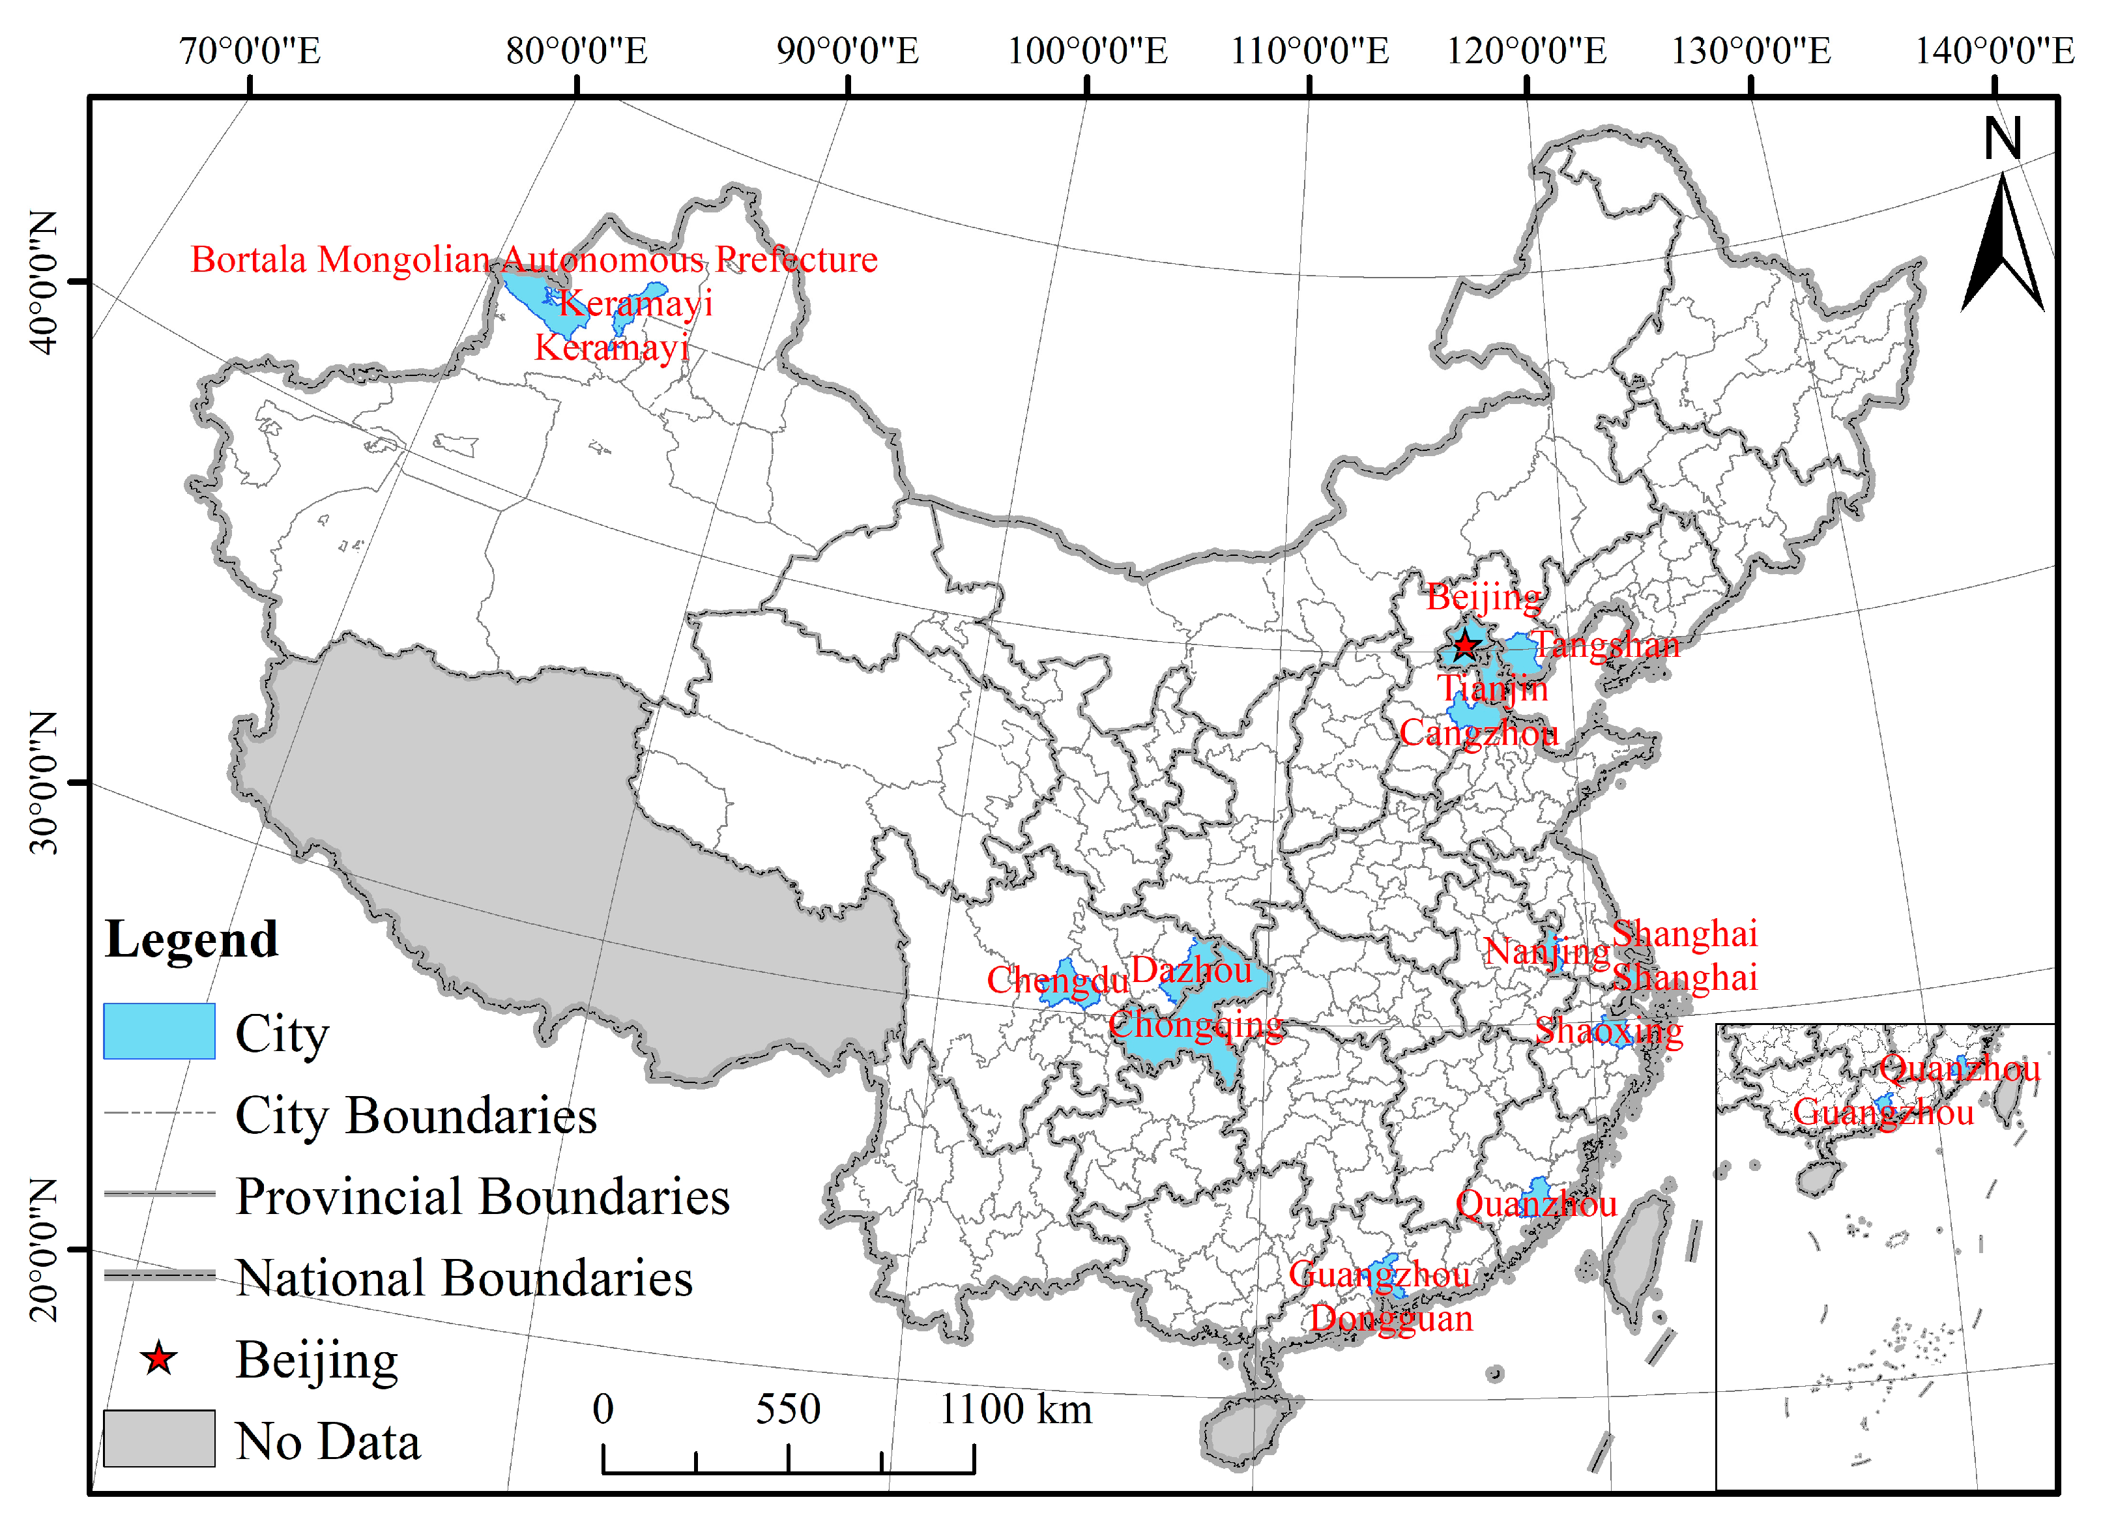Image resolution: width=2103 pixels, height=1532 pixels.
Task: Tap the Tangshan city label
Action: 1605,644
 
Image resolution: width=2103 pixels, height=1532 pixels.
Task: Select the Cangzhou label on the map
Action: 1478,732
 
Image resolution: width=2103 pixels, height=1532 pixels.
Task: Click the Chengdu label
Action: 1057,980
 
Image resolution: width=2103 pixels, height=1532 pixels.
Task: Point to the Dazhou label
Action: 1191,970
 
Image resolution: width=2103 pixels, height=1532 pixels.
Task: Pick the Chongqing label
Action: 1196,1025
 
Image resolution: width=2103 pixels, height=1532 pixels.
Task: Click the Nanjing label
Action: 1546,951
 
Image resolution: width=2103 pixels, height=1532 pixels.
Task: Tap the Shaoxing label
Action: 1609,1030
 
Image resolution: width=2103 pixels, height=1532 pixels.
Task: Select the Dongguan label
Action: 1391,1318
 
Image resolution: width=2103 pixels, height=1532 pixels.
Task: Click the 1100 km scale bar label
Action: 1015,1409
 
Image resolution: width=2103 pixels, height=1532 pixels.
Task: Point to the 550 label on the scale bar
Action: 787,1409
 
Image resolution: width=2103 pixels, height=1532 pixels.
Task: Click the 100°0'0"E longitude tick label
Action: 1087,51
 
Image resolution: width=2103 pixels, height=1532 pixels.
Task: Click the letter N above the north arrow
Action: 2003,139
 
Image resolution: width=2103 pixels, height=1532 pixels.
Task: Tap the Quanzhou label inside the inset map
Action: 1959,1069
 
